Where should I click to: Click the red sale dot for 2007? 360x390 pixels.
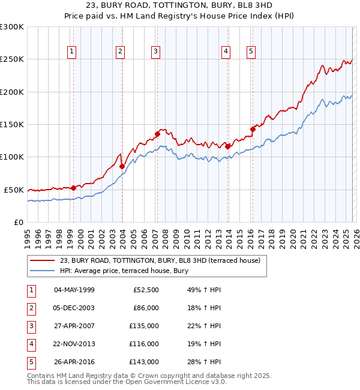pyautogui.click(x=157, y=134)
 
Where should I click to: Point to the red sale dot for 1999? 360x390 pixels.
pyautogui.click(x=73, y=188)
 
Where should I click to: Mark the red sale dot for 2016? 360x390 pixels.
pyautogui.click(x=253, y=128)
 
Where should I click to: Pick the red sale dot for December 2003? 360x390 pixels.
pyautogui.click(x=122, y=166)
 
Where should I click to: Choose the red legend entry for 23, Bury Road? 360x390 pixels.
pyautogui.click(x=160, y=261)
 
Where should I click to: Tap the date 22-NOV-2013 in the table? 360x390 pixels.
pyautogui.click(x=74, y=344)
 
